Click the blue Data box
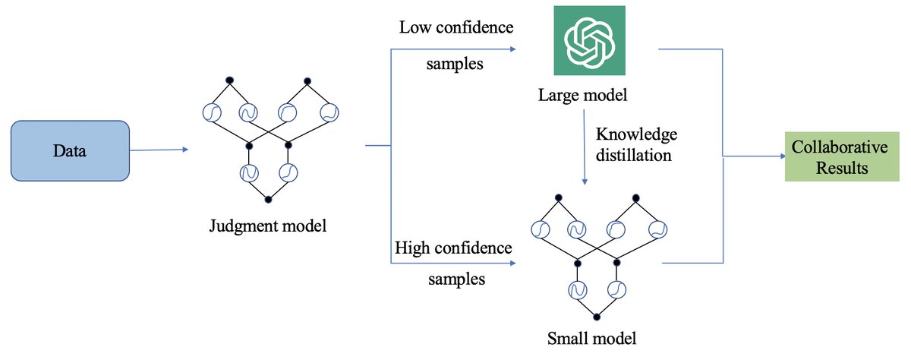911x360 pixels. pyautogui.click(x=69, y=151)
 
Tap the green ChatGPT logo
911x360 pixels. pyautogui.click(x=589, y=40)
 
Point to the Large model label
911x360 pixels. pyautogui.click(x=584, y=96)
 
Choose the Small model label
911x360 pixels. pyautogui.click(x=593, y=336)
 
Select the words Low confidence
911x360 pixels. pyautogui.click(x=456, y=28)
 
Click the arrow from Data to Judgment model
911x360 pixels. pyautogui.click(x=159, y=150)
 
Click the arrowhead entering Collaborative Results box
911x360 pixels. pyautogui.click(x=782, y=157)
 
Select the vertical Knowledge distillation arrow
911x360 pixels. pyautogui.click(x=584, y=148)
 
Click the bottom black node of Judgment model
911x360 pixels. pyautogui.click(x=267, y=199)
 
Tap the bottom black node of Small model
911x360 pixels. pyautogui.click(x=597, y=316)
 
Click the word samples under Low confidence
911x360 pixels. pyautogui.click(x=453, y=64)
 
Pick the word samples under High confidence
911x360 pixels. pyautogui.click(x=455, y=279)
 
